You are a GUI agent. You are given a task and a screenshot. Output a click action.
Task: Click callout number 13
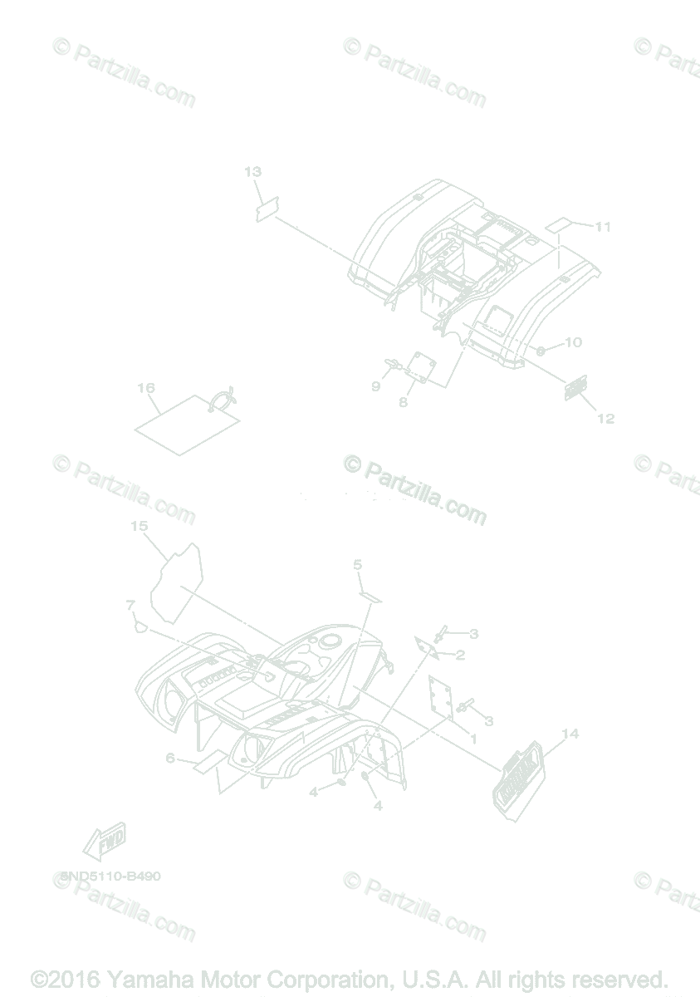tap(253, 172)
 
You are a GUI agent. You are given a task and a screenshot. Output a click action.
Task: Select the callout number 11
tap(603, 227)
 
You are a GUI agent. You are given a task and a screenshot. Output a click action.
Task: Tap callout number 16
tap(146, 388)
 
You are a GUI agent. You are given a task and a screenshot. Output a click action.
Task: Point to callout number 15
tap(139, 526)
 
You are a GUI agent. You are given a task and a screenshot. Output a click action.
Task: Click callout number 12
tap(605, 418)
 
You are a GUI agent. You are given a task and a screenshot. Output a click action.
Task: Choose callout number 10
tap(574, 342)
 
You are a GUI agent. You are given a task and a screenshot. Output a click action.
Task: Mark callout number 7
tap(130, 604)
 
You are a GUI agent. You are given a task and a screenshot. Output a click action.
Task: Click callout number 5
tap(358, 565)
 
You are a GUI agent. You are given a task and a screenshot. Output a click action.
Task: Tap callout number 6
tap(170, 758)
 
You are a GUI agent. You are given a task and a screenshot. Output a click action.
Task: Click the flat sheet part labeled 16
tap(188, 423)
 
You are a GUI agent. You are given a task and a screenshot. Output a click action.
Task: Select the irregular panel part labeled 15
tap(176, 582)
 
